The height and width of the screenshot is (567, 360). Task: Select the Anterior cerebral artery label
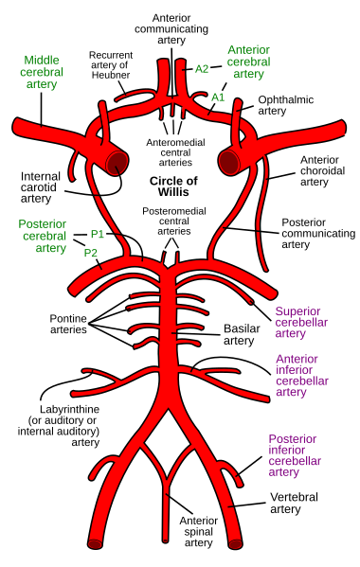[x=248, y=61]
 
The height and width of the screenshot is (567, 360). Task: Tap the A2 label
[x=202, y=68]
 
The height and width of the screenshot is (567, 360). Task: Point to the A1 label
[x=218, y=97]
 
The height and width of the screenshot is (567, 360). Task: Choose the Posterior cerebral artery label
[x=43, y=236]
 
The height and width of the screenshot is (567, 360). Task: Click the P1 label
[x=97, y=233]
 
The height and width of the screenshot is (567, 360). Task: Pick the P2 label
[x=91, y=253]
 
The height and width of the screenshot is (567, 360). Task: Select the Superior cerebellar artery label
[x=302, y=322]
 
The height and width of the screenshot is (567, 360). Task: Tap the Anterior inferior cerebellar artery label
[x=302, y=375]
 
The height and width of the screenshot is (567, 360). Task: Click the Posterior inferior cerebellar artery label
[x=295, y=455]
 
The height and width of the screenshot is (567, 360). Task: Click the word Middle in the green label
[x=41, y=60]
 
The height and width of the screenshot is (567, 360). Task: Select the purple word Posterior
[x=292, y=439]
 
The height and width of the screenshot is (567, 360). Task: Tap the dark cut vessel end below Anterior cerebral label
[x=228, y=162]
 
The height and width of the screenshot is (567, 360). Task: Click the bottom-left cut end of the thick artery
[x=95, y=543]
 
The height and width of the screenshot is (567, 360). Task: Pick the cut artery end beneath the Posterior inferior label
[x=235, y=543]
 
